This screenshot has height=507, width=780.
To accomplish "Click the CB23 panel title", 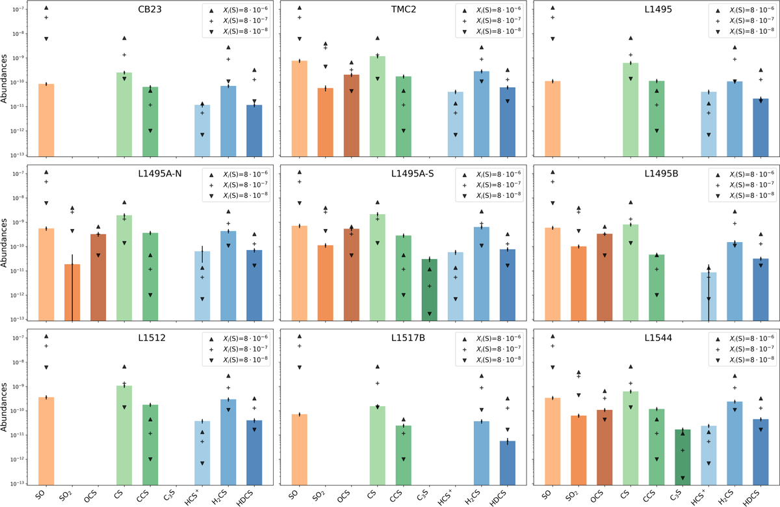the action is pyautogui.click(x=149, y=9).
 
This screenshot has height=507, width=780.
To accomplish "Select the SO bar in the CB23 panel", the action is pyautogui.click(x=46, y=120).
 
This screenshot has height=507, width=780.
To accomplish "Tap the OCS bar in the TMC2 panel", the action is pyautogui.click(x=352, y=115).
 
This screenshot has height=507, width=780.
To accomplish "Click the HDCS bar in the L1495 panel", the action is pyautogui.click(x=760, y=128).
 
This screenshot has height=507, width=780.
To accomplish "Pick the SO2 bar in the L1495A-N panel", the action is pyautogui.click(x=72, y=292).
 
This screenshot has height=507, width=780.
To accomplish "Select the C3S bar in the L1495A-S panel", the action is pyautogui.click(x=430, y=290).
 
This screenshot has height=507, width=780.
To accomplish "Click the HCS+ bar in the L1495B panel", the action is pyautogui.click(x=708, y=296).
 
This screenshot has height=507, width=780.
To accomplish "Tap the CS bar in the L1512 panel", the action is pyautogui.click(x=124, y=435).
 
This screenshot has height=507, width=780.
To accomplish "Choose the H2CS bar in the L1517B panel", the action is pyautogui.click(x=482, y=453).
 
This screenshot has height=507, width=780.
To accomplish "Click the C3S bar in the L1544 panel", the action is pyautogui.click(x=682, y=457).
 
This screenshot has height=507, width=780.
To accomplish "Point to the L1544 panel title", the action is pyautogui.click(x=658, y=338).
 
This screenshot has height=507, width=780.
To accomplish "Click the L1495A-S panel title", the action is pyautogui.click(x=413, y=174).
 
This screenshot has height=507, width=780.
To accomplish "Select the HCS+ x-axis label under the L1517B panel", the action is pyautogui.click(x=446, y=497).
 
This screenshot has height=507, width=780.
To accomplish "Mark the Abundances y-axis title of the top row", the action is pyautogui.click(x=4, y=79).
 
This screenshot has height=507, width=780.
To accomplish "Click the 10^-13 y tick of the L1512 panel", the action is pyautogui.click(x=18, y=484).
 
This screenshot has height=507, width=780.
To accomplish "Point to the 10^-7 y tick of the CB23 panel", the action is pyautogui.click(x=18, y=9).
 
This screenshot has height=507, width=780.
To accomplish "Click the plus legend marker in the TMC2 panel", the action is pyautogui.click(x=464, y=21).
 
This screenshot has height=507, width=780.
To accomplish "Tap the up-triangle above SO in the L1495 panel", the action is pyautogui.click(x=552, y=8).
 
